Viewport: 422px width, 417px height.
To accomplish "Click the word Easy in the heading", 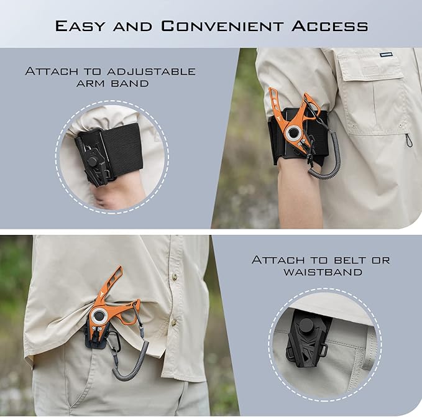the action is point(80,26).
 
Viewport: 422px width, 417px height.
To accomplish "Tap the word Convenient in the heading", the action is point(222,26).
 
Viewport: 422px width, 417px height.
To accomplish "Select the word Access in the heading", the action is point(329,26).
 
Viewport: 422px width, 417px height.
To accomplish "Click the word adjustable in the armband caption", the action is point(150,71).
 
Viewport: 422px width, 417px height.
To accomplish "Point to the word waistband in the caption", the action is point(323,272).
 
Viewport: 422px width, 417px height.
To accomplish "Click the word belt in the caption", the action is point(349,260).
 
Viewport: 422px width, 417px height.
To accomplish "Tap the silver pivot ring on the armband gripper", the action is point(292,132).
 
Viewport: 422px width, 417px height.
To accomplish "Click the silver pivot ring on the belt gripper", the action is point(98,315).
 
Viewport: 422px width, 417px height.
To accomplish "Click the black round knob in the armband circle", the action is point(93,162).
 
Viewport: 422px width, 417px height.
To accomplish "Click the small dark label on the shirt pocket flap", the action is point(386,54).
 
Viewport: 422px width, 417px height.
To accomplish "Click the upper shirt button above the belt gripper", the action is point(175,277).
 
